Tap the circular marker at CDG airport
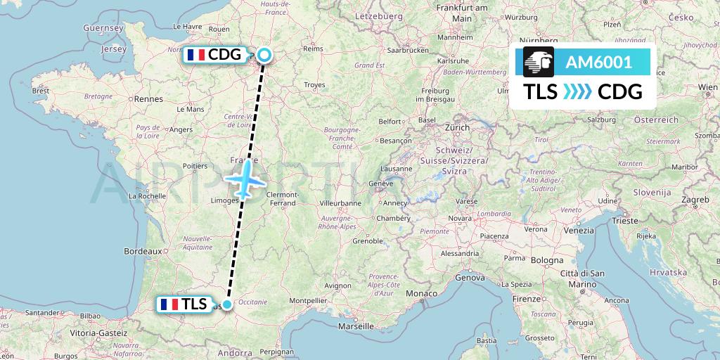coord(264,55)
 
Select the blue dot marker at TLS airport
coord(227,304)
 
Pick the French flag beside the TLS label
coord(168,304)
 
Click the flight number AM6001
coord(598,62)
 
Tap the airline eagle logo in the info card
coord(539,62)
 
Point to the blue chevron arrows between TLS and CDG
coord(577,92)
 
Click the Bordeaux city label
coord(143,250)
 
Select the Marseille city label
coord(355,326)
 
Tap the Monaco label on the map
coord(424,292)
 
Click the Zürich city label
coord(456,127)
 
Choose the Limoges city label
coord(224,202)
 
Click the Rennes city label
coord(148,99)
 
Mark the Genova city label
coord(470,278)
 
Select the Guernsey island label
coord(103,28)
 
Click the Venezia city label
coord(579,230)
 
